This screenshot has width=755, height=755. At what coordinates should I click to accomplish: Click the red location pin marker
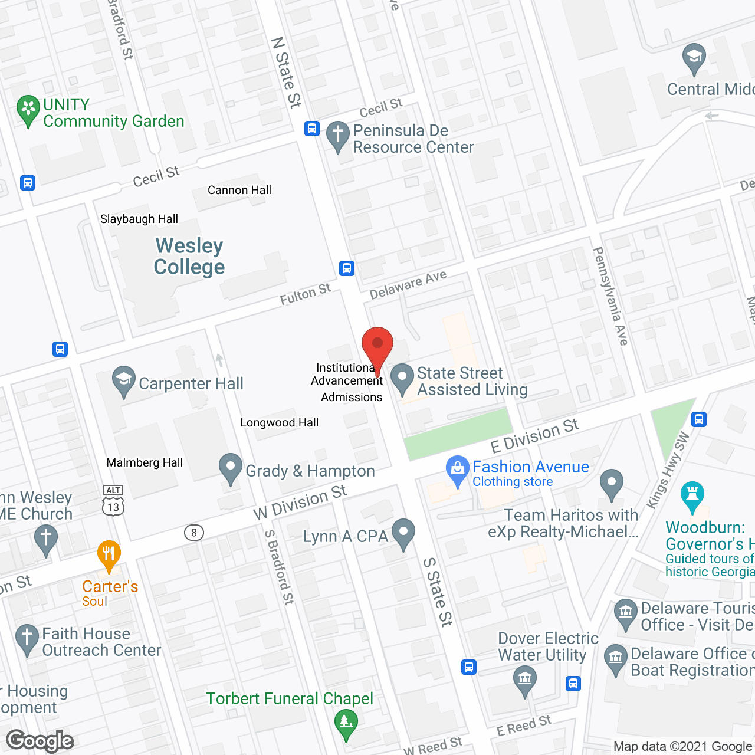click(x=377, y=346)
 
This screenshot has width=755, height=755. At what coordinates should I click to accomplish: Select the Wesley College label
click(x=189, y=256)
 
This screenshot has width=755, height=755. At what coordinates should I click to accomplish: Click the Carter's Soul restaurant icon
click(x=109, y=555)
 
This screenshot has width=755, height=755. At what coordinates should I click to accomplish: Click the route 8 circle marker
click(x=193, y=533)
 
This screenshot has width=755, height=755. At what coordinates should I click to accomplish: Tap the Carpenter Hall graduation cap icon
click(x=124, y=380)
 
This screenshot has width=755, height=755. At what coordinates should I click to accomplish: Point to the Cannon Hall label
click(x=239, y=190)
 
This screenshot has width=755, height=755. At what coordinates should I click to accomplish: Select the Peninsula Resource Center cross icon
click(x=338, y=135)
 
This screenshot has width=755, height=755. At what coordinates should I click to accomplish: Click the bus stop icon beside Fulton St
click(x=347, y=268)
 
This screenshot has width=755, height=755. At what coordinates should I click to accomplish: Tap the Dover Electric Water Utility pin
click(x=524, y=679)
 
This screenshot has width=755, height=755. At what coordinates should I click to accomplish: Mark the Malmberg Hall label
click(x=145, y=462)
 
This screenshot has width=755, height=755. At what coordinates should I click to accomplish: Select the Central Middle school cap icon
click(x=694, y=58)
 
